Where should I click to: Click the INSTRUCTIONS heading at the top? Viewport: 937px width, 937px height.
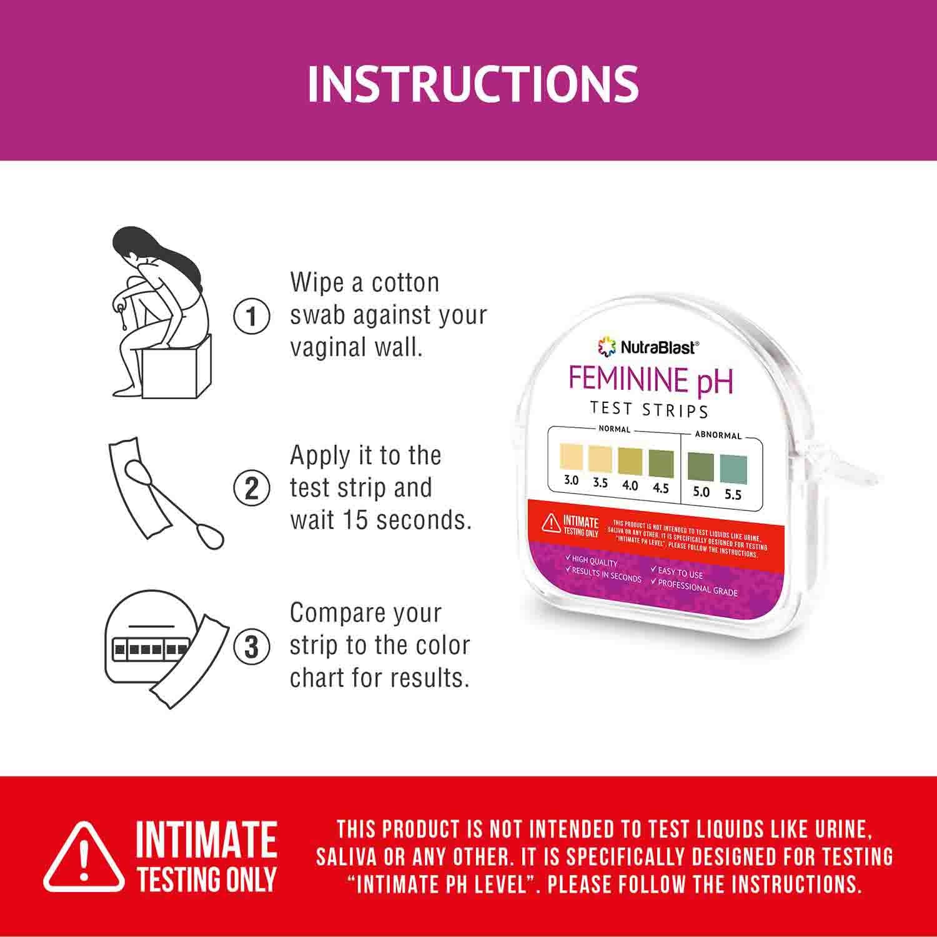pos(473,83)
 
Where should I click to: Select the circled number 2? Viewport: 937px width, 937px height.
pos(251,488)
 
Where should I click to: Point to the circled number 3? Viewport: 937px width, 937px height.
pos(251,647)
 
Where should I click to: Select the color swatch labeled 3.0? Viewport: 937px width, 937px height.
pos(571,456)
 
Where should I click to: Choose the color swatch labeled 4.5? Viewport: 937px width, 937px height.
pos(661,463)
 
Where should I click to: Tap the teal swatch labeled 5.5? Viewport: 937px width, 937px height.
pos(733,470)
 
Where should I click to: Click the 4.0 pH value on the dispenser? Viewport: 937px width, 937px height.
pos(630,485)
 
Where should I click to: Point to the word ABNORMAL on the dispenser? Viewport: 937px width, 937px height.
pos(718,435)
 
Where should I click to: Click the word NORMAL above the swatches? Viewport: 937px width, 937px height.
pos(615,429)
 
